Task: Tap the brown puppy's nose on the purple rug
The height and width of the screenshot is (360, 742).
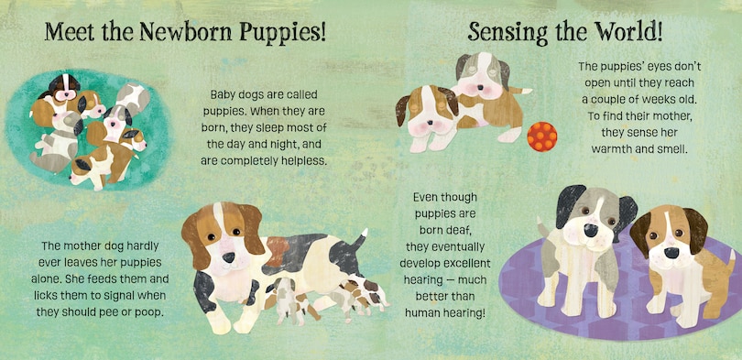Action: point(671,252)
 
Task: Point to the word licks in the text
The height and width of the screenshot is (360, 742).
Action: point(45,294)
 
